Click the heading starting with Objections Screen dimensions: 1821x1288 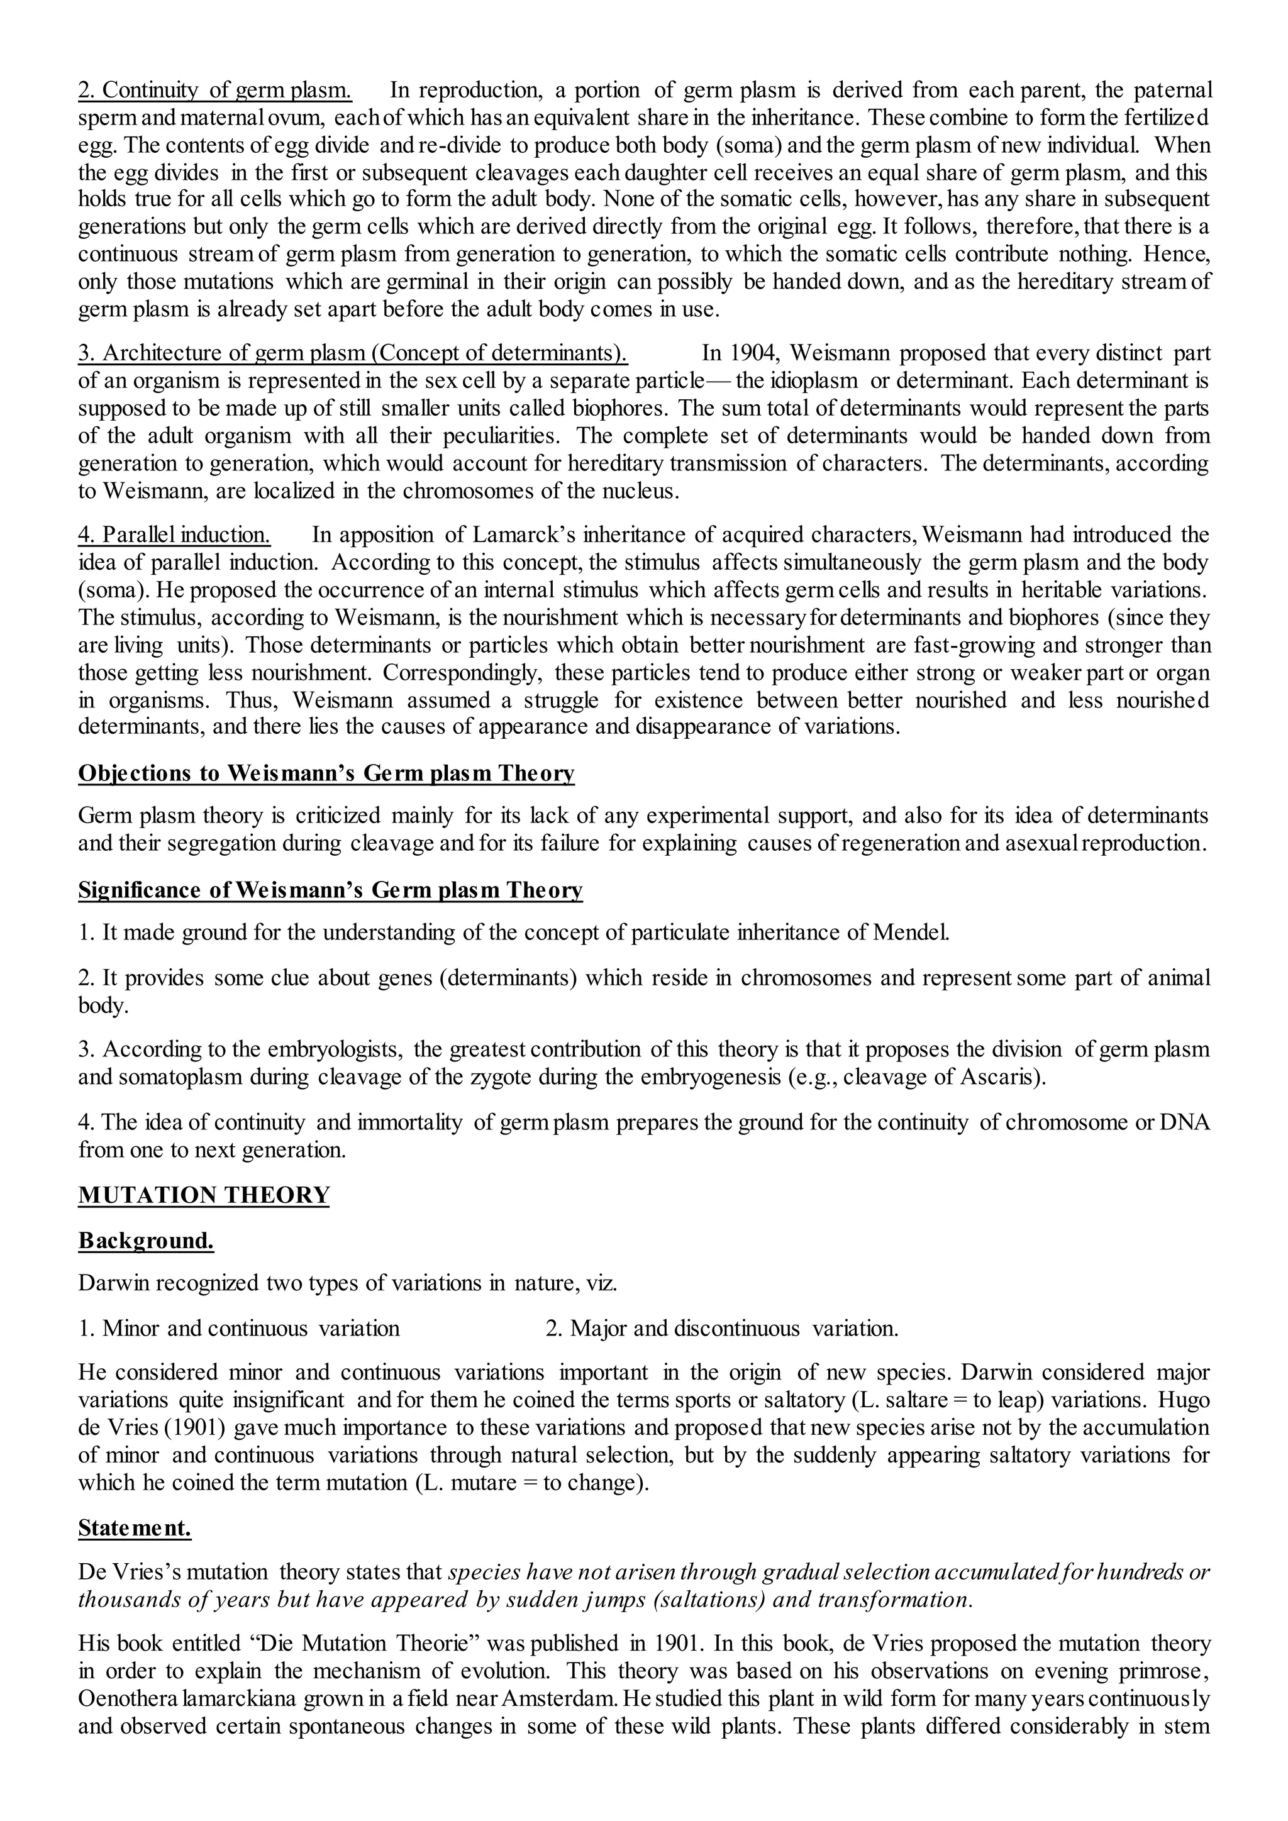(326, 773)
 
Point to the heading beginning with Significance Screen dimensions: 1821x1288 (330, 890)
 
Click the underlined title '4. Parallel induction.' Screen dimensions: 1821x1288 (174, 534)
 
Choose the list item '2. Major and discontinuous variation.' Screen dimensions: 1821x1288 (722, 1329)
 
